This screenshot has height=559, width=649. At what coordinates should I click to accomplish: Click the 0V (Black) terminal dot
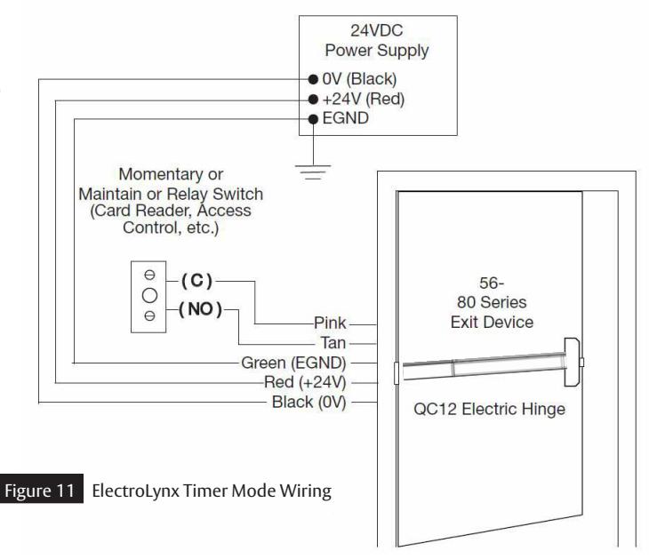click(313, 79)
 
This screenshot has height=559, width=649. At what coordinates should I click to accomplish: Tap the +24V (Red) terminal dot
click(313, 100)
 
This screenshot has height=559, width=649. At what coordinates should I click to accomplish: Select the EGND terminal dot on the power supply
click(313, 119)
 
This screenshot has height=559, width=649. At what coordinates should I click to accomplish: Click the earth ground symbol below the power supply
click(313, 172)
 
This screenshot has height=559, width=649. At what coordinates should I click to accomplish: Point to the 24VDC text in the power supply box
click(377, 30)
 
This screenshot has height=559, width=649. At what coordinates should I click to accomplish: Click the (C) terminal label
click(197, 281)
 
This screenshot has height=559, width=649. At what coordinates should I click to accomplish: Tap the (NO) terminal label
click(201, 309)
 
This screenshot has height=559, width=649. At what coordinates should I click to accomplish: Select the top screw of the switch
click(149, 275)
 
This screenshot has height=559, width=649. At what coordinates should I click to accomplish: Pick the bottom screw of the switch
click(149, 316)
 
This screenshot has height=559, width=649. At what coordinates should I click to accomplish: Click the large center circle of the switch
click(149, 295)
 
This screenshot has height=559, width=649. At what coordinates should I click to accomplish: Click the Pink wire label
click(330, 323)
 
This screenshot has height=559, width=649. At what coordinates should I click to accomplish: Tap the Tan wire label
click(333, 343)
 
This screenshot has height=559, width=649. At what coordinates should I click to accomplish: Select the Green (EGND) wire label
click(293, 363)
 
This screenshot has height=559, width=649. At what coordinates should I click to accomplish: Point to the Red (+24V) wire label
click(305, 382)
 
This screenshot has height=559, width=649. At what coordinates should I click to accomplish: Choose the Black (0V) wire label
click(308, 403)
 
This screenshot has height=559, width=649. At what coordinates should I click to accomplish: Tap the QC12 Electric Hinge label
click(490, 409)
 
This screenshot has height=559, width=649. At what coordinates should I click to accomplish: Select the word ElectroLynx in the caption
click(136, 491)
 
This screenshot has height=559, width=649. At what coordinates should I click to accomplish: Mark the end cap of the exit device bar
click(572, 363)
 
